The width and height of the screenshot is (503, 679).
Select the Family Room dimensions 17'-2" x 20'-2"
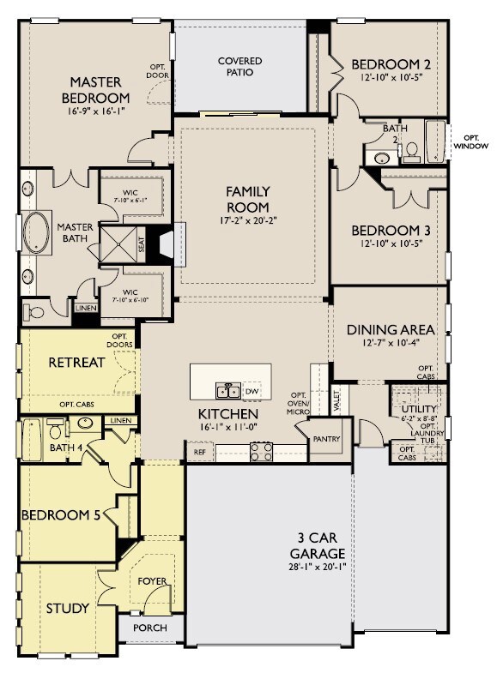(x=247, y=219)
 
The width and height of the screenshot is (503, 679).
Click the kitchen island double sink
(x=227, y=391)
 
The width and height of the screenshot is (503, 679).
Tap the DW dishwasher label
(x=252, y=391)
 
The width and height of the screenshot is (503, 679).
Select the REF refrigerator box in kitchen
(x=199, y=451)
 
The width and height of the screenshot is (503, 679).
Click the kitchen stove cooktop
(x=261, y=452)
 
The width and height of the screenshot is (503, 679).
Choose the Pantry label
(x=327, y=440)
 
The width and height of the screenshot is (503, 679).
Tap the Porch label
(x=150, y=628)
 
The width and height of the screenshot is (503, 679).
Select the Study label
(x=67, y=609)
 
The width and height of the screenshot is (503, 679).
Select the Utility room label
(x=419, y=409)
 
